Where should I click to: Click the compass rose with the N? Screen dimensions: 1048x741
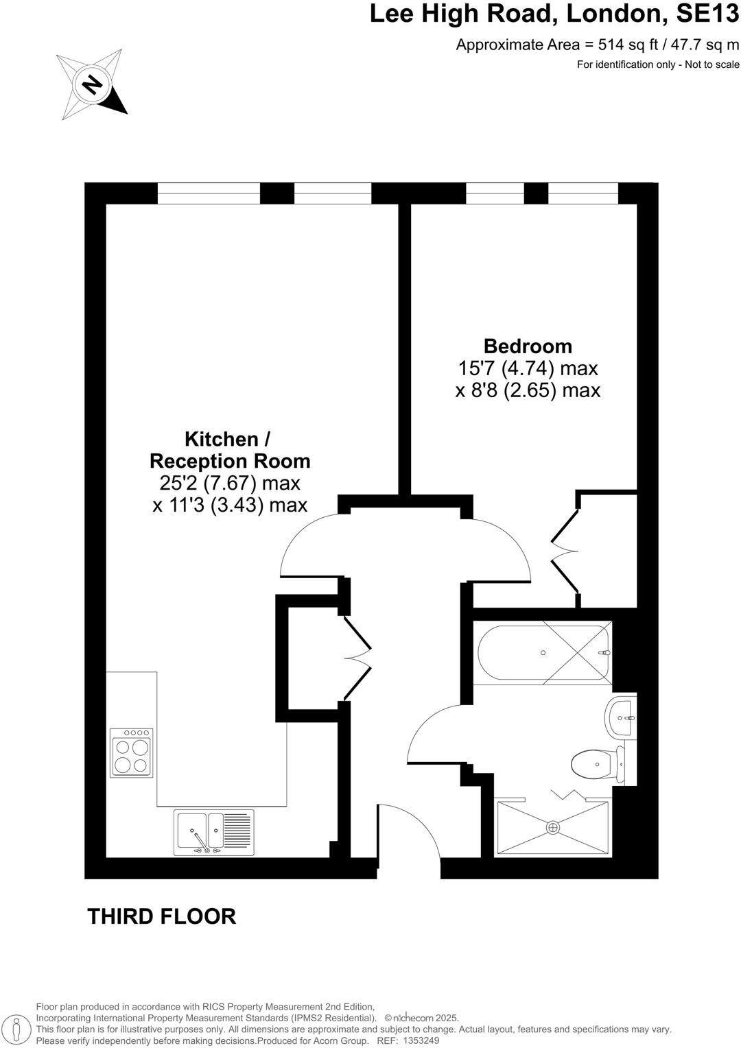[x=91, y=85]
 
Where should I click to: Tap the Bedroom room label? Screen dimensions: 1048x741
[x=528, y=346]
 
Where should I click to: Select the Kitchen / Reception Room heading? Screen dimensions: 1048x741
[x=230, y=449]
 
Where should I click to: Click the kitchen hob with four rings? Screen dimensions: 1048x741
[x=132, y=753]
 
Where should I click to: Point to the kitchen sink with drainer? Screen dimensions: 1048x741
[x=214, y=832]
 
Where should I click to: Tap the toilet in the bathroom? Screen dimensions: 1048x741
[x=594, y=764]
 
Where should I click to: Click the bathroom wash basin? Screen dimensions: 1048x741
[x=621, y=718]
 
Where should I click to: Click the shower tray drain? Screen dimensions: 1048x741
[x=553, y=828]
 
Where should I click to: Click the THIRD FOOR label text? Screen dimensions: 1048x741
[x=162, y=916]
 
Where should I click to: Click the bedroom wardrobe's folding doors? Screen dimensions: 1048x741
[x=565, y=549]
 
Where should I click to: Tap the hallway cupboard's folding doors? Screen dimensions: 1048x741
[x=357, y=658]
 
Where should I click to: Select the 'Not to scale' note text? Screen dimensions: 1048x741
[x=707, y=64]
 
